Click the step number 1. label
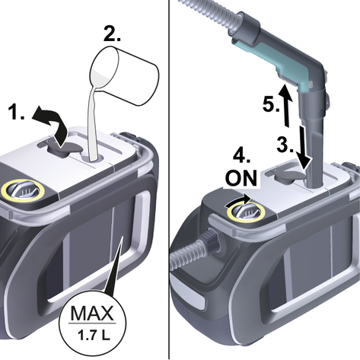(x=17, y=112)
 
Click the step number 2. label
(x=112, y=33)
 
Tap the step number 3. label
(x=285, y=145)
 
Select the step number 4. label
(x=242, y=155)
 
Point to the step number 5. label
(x=271, y=104)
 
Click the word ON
(x=241, y=178)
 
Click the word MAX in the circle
(x=92, y=314)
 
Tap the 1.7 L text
(x=94, y=336)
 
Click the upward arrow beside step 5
(x=285, y=106)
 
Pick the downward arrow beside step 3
(x=304, y=147)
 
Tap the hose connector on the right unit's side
(x=212, y=240)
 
